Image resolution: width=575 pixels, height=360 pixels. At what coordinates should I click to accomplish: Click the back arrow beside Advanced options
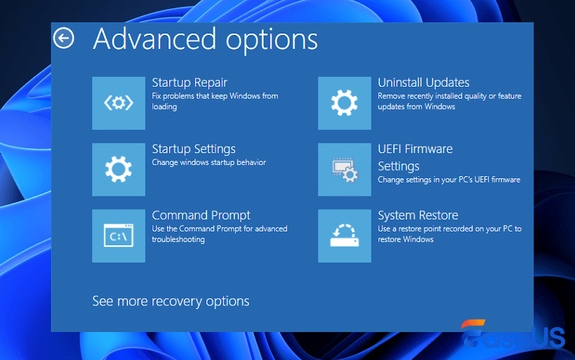(x=64, y=38)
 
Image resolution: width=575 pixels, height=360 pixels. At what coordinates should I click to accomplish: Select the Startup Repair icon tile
(x=119, y=103)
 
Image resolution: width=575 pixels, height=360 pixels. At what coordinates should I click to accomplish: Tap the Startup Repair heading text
(x=190, y=82)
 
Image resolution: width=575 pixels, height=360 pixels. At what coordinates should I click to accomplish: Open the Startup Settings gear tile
(x=119, y=170)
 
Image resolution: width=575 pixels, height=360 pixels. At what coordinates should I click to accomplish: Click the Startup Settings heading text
(x=194, y=149)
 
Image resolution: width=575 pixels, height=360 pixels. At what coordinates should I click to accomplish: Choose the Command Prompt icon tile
(x=119, y=236)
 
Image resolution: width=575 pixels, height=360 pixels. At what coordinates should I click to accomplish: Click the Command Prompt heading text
(x=201, y=215)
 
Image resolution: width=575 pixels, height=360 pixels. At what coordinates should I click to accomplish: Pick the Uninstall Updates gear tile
(x=344, y=103)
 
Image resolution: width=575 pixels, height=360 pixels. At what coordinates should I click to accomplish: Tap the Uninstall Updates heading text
(x=423, y=82)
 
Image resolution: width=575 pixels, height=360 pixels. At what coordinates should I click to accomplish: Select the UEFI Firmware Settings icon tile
(x=344, y=170)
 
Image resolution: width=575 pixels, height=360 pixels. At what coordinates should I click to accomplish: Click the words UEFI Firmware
(x=415, y=149)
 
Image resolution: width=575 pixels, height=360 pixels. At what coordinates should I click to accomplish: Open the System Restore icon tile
(x=344, y=236)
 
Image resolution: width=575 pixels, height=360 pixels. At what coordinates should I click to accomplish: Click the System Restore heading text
(x=418, y=215)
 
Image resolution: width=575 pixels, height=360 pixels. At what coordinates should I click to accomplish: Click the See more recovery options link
(x=171, y=301)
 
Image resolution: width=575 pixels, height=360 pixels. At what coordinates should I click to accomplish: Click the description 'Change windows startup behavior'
(x=209, y=162)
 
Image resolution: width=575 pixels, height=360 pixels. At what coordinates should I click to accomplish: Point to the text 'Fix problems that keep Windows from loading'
(x=215, y=101)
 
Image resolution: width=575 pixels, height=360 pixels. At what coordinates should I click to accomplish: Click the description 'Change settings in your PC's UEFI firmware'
(x=448, y=180)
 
